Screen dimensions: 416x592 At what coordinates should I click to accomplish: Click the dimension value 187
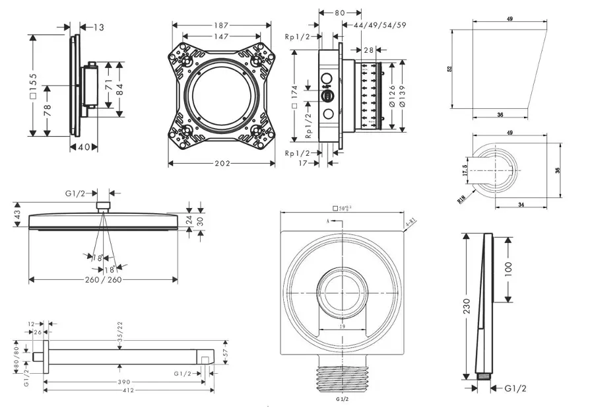221,25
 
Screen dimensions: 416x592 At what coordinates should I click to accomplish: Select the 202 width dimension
221,164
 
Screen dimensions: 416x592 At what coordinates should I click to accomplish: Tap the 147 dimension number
221,37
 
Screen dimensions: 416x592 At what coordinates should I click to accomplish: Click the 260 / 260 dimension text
104,280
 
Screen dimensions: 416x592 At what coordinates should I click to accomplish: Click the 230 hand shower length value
467,307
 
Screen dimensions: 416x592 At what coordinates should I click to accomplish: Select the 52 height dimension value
449,69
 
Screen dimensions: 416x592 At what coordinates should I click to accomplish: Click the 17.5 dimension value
465,170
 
